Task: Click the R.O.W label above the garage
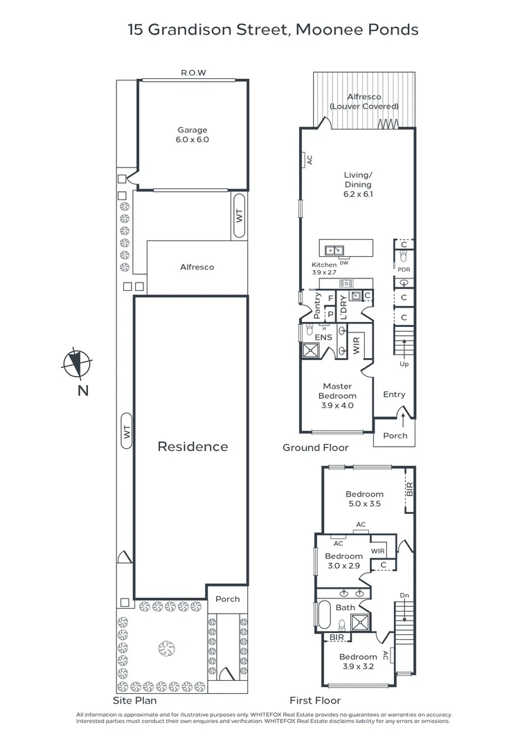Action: [193, 73]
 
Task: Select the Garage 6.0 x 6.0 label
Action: [192, 134]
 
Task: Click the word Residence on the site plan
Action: [192, 447]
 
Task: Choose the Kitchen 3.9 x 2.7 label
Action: [324, 269]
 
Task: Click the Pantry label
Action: [317, 305]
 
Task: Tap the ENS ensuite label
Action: [323, 337]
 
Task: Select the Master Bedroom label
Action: [337, 395]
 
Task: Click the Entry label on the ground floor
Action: [394, 395]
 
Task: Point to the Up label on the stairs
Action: [404, 364]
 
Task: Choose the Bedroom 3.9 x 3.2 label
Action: [358, 661]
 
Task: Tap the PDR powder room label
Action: [404, 269]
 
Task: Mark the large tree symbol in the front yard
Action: [165, 648]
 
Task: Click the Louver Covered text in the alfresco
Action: [364, 107]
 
